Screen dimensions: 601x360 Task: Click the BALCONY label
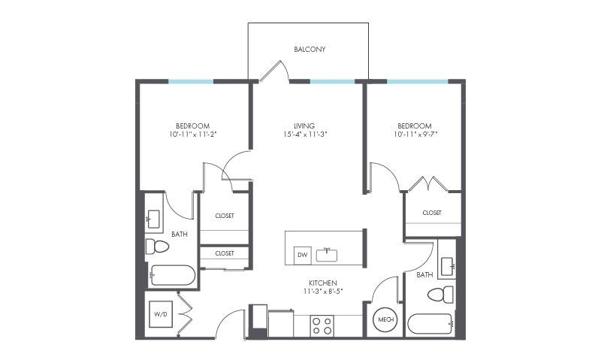310,49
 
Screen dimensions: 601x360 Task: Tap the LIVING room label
304,126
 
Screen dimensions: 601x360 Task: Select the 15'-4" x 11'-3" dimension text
304,135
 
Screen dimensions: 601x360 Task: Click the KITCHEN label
323,283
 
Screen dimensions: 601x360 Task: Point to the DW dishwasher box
303,256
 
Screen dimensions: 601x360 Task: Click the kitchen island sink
327,255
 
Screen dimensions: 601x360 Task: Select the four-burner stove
322,326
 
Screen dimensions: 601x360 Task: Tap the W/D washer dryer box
161,314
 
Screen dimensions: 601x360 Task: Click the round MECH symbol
385,319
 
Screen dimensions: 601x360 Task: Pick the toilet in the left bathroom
158,247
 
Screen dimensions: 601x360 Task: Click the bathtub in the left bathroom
173,275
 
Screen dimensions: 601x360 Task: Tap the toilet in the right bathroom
441,295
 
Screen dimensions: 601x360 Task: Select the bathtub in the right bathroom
430,325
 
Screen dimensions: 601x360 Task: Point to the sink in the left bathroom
153,219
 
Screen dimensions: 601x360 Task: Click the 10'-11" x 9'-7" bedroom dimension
415,135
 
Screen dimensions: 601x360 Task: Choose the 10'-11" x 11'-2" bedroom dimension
193,135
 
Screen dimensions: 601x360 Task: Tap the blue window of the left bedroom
191,82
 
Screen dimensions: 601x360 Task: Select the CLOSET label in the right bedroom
432,213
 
